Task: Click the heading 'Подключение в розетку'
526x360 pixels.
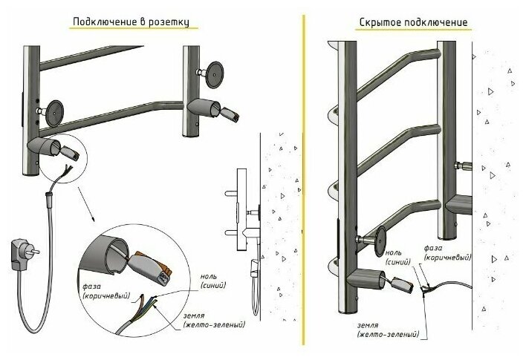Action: pyautogui.click(x=134, y=22)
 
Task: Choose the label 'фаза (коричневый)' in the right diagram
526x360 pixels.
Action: pyautogui.click(x=447, y=253)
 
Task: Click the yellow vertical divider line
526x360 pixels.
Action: pyautogui.click(x=304, y=178)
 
